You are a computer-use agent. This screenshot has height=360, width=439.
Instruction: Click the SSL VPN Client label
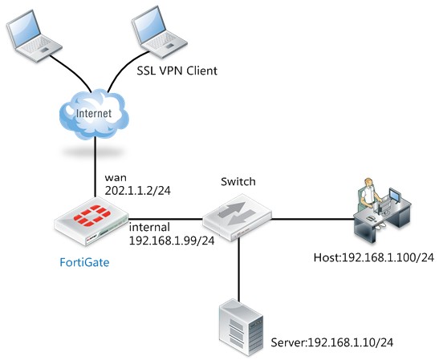(x=177, y=71)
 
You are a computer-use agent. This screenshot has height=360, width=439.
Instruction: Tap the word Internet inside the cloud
(x=94, y=113)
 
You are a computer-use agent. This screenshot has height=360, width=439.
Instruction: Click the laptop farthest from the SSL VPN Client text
(x=34, y=36)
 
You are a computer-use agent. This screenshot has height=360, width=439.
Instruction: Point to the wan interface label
(x=116, y=178)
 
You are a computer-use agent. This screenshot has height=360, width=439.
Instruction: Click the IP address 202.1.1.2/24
(x=138, y=191)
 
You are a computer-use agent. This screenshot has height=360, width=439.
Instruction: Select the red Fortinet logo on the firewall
(x=92, y=215)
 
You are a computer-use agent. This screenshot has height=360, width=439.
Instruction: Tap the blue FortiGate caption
(x=84, y=262)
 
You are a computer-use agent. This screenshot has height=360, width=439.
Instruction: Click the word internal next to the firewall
(x=149, y=227)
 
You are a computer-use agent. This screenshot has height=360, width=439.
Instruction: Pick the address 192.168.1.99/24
(x=172, y=241)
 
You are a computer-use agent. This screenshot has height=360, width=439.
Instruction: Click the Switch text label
(x=238, y=181)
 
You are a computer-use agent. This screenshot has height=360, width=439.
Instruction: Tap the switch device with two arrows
(x=237, y=217)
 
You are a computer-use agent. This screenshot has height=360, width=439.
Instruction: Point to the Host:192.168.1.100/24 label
(x=374, y=257)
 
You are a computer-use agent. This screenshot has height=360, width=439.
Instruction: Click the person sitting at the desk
(x=368, y=196)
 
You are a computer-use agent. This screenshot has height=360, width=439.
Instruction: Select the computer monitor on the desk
(x=395, y=196)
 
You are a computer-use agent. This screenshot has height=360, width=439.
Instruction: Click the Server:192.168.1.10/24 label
(x=332, y=342)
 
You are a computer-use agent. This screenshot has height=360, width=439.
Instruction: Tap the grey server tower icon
(x=241, y=327)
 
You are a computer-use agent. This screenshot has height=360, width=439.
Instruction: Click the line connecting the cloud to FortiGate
(x=96, y=167)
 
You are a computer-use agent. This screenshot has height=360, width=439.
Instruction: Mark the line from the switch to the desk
(x=313, y=219)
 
